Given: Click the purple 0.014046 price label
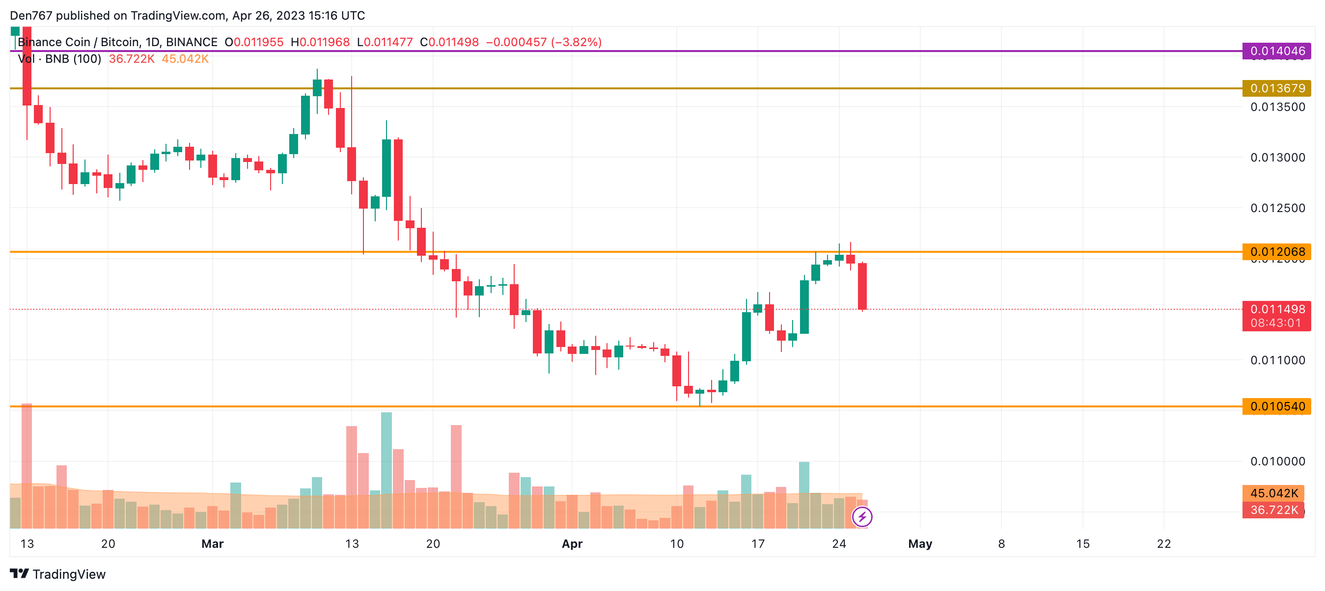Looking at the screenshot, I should (1277, 51).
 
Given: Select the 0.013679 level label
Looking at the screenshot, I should (1277, 88).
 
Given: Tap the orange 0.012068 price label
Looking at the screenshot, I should (1277, 251).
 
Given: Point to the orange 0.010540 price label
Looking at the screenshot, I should (1277, 406).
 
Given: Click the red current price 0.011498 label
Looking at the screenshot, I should (1277, 309).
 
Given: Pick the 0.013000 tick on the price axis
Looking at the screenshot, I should (1278, 157).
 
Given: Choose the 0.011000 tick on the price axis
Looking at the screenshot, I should (1278, 360).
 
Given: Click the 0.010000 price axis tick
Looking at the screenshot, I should (1278, 461).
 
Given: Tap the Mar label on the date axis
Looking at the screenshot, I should (213, 544).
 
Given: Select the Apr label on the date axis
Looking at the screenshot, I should (572, 544).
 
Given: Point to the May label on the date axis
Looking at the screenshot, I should (920, 544).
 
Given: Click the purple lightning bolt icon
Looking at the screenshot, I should (862, 516).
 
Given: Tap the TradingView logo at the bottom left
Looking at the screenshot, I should (57, 574).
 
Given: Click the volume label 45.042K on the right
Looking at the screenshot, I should (1273, 493).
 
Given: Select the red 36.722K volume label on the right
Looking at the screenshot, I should (1273, 510).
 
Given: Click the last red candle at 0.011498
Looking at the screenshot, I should (862, 286).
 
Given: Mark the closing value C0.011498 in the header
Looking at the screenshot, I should (449, 42).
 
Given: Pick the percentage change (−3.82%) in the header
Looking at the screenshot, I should (576, 42).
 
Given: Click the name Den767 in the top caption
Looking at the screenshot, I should (31, 15).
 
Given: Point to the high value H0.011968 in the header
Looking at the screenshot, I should (320, 42).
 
